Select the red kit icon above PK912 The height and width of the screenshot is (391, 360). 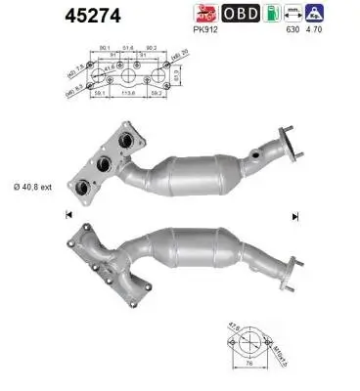point(203,14)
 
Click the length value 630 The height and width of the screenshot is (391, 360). point(291,30)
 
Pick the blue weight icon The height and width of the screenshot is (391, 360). point(315,14)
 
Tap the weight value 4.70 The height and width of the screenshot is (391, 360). point(316,30)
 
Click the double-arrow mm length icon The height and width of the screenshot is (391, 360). point(290,15)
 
